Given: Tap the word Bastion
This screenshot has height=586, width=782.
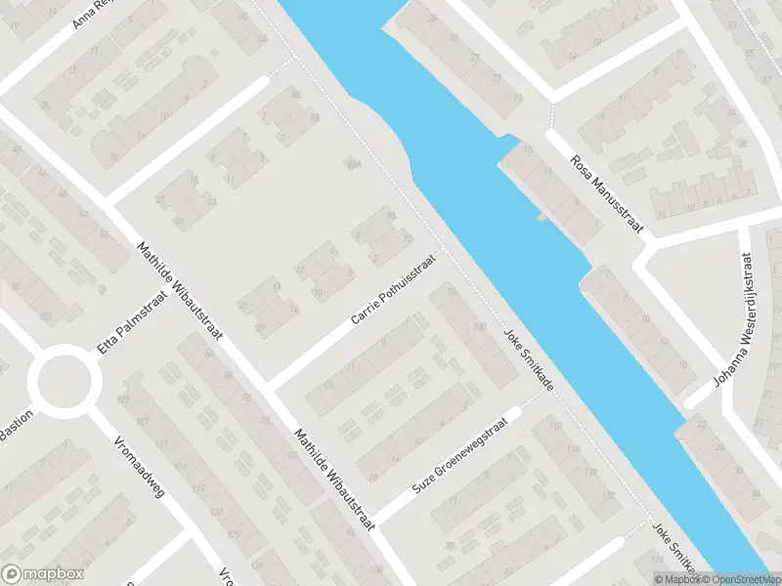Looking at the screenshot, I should (18, 426).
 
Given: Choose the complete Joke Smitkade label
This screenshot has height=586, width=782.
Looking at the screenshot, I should (528, 358).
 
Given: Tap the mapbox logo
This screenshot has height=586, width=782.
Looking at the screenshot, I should (43, 573).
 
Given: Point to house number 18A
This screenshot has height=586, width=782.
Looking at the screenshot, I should (353, 165).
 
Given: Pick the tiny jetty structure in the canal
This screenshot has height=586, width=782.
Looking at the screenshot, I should (543, 217).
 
